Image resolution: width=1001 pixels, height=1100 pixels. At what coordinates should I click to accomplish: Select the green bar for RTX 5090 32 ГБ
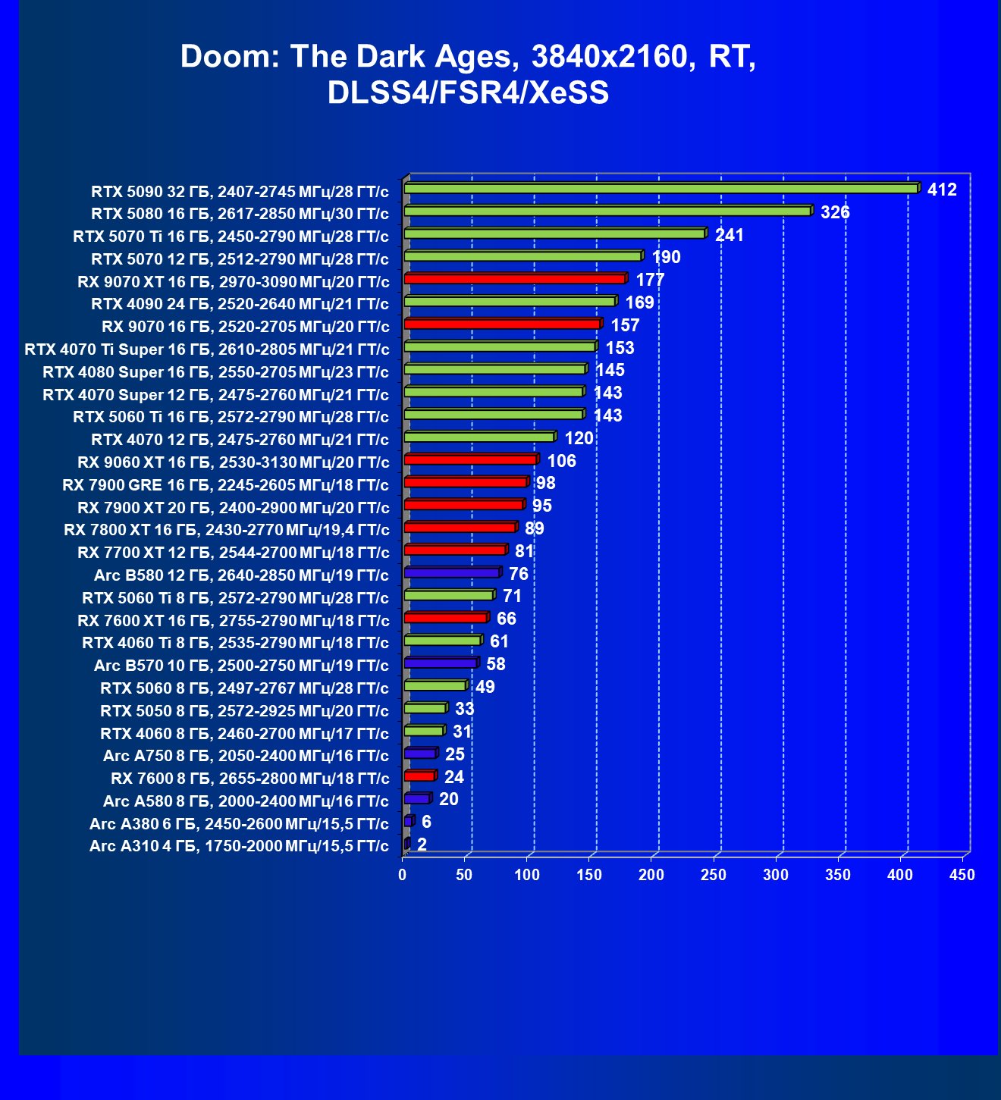coord(661,189)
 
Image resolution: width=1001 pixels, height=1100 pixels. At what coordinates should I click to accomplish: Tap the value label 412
coord(942,190)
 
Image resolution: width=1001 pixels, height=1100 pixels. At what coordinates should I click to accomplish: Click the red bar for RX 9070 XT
coord(515,279)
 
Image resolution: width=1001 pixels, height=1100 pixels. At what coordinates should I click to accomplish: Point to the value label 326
coord(835,212)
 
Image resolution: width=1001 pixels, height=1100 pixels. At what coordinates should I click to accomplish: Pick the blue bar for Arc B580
coord(452,573)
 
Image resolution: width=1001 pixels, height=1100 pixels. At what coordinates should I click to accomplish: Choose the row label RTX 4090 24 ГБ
coord(240,304)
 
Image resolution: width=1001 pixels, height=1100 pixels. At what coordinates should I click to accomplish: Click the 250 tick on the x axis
coord(714,875)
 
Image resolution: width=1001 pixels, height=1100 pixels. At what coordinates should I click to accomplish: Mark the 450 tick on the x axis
coord(962,875)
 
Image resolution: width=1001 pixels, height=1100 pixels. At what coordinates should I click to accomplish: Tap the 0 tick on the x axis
coord(403,875)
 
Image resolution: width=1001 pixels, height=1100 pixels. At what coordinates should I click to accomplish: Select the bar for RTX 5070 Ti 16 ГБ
coord(555,234)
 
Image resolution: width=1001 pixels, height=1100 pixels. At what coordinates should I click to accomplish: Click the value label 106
coord(561,461)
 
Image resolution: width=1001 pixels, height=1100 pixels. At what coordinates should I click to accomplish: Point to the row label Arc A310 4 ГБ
coord(239,846)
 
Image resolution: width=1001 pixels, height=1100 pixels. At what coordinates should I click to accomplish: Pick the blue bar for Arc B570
coord(441,663)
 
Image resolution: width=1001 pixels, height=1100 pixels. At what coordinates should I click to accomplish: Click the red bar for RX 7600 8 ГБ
coord(419,776)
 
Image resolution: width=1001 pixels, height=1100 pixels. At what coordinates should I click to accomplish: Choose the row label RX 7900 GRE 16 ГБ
coord(225,485)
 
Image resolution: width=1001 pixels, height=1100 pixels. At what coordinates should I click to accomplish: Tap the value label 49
coord(485,687)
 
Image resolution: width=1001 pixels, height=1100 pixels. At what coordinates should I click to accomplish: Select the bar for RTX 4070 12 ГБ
coord(479,437)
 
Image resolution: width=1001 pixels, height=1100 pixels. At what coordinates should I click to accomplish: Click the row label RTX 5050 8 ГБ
coord(244,711)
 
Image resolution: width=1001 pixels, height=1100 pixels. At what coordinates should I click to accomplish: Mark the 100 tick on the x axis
coord(527,875)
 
